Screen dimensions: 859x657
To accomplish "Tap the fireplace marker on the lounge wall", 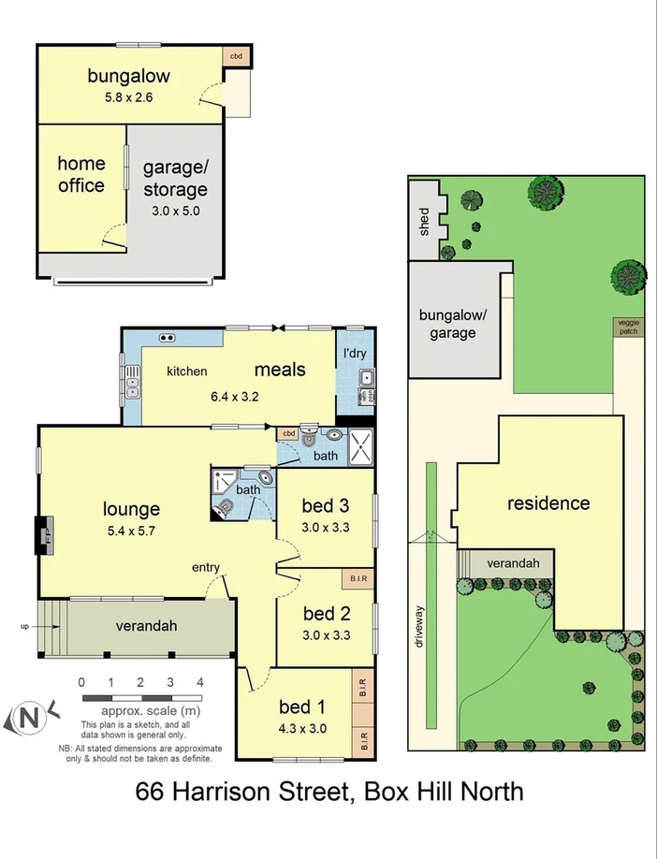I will (42, 537).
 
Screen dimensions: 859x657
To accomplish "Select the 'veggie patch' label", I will (627, 327).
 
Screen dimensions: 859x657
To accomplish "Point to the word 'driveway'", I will (420, 627).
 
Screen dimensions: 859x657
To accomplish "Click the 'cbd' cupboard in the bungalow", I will (237, 55).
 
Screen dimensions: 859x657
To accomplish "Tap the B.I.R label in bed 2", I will (358, 577).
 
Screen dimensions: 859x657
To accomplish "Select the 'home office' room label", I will (81, 174).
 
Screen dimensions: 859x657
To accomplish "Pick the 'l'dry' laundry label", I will (354, 356).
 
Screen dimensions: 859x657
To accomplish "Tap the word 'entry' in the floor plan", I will (206, 568).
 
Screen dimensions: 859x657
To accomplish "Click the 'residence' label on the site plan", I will (548, 503).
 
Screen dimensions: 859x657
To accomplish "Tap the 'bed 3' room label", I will (325, 506).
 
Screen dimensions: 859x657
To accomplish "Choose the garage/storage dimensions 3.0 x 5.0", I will (176, 211).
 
